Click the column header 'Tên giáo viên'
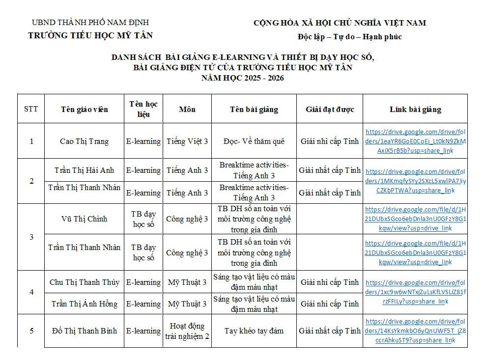(84, 109)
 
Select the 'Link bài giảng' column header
(415, 109)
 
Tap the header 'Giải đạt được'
(329, 109)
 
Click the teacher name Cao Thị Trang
(84, 141)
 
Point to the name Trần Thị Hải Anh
(84, 170)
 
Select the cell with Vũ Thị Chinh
(84, 219)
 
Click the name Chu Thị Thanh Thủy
(84, 282)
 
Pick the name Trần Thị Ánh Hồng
(84, 304)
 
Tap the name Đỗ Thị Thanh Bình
(84, 331)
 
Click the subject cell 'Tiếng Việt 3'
(187, 141)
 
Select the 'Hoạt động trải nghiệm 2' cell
(187, 331)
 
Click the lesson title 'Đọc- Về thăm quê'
(254, 141)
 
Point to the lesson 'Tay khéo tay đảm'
(254, 331)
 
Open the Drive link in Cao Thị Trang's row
(415, 141)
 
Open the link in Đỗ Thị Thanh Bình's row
(415, 331)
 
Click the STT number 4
(31, 292)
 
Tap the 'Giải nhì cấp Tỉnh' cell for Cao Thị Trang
(329, 141)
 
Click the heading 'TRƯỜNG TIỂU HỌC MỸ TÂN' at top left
(90, 35)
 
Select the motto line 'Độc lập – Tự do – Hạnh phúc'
(349, 37)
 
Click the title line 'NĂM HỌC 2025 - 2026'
(243, 78)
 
